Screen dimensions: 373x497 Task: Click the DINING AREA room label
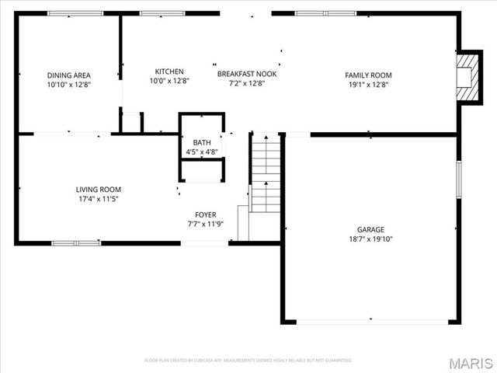coord(69,75)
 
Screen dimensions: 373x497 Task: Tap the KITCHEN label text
coord(169,71)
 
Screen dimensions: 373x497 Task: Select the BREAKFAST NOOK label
coord(247,74)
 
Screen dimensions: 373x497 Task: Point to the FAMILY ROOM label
coord(368,75)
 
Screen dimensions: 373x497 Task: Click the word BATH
coord(201,143)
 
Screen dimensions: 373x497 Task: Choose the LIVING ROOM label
coord(99,190)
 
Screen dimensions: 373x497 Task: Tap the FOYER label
coord(206,214)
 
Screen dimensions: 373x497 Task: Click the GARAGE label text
coord(370,230)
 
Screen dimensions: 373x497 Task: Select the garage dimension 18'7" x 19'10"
coord(370,239)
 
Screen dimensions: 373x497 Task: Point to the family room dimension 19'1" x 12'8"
coord(368,85)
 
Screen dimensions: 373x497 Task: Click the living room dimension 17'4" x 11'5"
coord(99,199)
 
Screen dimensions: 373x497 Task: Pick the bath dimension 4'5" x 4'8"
coord(201,152)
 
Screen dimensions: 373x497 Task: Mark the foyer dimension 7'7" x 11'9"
coord(206,224)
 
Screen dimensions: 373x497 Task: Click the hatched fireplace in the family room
coord(467,77)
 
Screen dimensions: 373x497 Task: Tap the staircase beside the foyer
coord(266,175)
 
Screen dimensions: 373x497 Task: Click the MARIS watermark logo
coord(470,363)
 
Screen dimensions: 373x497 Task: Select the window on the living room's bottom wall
coord(76,243)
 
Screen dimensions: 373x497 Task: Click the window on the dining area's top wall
coord(70,13)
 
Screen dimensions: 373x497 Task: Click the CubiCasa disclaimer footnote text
coord(248,361)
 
